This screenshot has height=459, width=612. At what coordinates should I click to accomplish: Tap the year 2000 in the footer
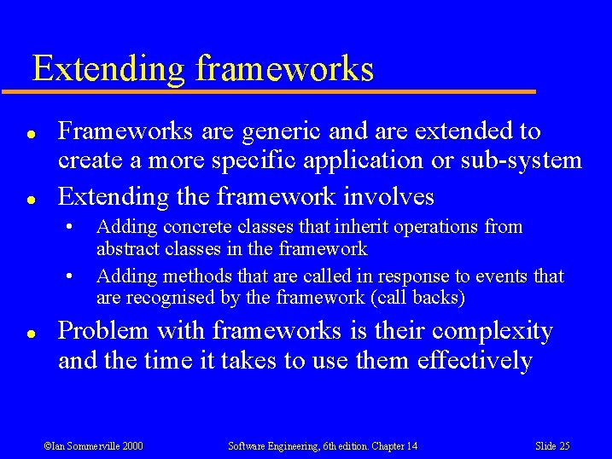click(x=132, y=445)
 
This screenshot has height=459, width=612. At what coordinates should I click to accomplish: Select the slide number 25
click(x=563, y=445)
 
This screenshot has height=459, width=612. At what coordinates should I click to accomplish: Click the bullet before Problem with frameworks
click(x=30, y=332)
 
